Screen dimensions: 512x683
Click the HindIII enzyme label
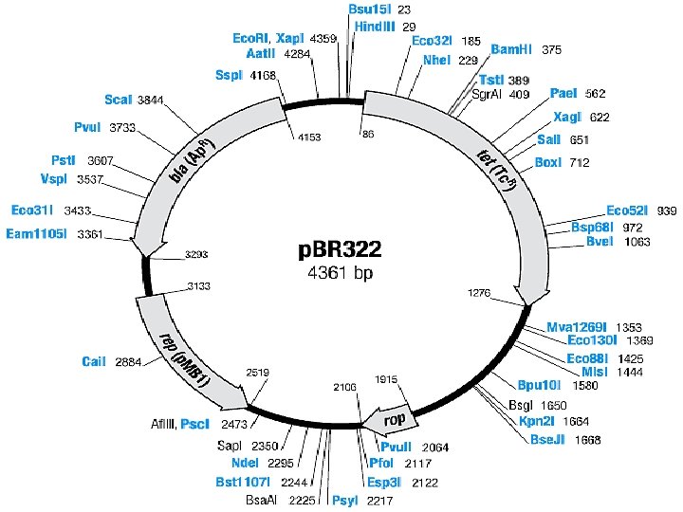374,27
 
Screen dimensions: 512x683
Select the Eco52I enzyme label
628,210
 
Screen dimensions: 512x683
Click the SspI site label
230,75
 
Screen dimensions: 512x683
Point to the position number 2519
259,374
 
